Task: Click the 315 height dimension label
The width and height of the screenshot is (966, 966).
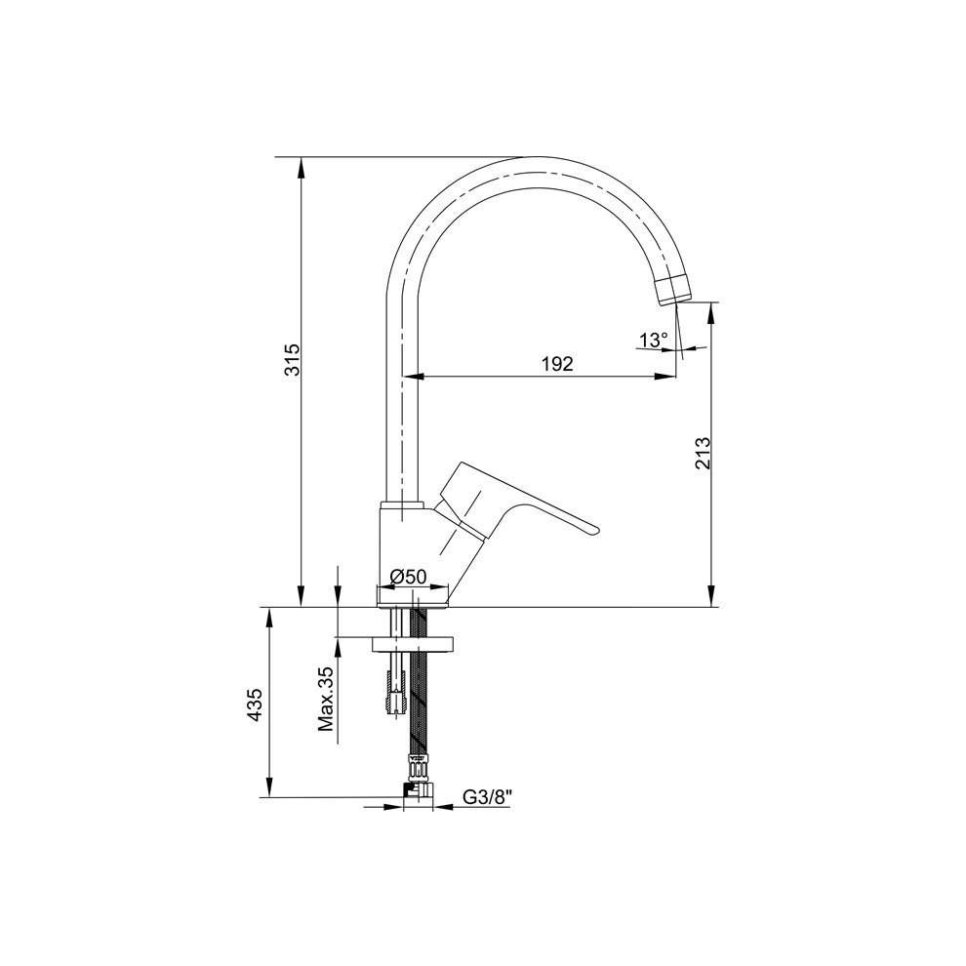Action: click(x=292, y=360)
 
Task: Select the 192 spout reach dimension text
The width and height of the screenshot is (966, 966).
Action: click(x=557, y=364)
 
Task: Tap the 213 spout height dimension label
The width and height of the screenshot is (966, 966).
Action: click(x=703, y=454)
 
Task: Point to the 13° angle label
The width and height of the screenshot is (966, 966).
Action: click(x=654, y=340)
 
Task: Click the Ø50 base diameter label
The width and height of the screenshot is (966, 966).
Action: click(x=409, y=577)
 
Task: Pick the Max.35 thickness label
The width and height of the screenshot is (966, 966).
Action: click(x=326, y=700)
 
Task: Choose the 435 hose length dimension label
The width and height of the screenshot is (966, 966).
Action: click(x=255, y=704)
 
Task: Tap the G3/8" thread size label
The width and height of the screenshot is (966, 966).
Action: click(x=487, y=797)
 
